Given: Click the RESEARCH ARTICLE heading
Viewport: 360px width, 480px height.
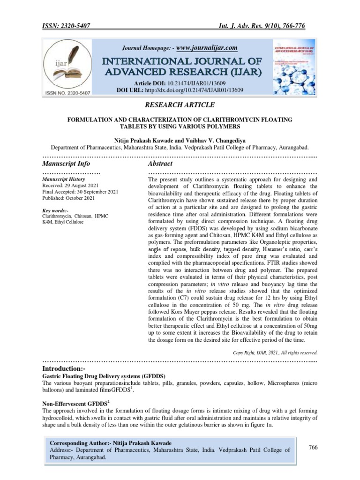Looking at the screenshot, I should pos(180,105).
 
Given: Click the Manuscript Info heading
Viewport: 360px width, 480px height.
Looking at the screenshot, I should pos(66,164).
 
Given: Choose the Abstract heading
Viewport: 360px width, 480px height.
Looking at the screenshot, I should pos(160,164).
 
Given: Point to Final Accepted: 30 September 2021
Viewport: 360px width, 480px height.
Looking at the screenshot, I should pos(80,192).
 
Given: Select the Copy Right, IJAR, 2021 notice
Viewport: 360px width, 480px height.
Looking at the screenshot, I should pos(275,352).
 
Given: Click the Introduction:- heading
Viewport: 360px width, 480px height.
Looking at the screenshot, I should pos(64,370).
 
